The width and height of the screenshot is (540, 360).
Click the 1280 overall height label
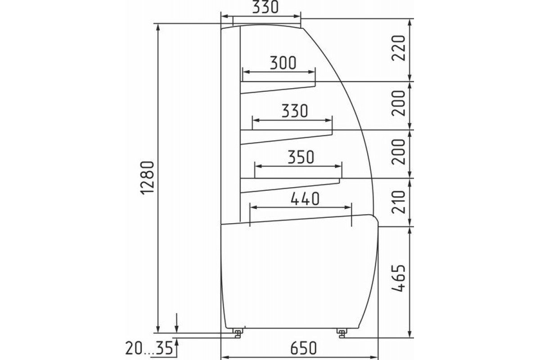pos(147,178)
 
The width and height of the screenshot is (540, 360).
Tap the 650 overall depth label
pos(303,348)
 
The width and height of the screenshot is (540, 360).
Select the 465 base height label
pos(398,278)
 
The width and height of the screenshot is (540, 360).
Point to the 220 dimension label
pos(398,48)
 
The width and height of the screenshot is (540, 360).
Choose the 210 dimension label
pos(398,202)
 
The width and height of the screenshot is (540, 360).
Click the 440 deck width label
pos(305,199)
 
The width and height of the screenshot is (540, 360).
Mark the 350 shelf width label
pos(301,157)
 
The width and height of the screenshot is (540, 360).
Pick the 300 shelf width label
pos(283,63)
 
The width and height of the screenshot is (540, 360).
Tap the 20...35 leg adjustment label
pos(149,348)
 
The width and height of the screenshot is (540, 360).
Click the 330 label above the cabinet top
pos(265,7)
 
